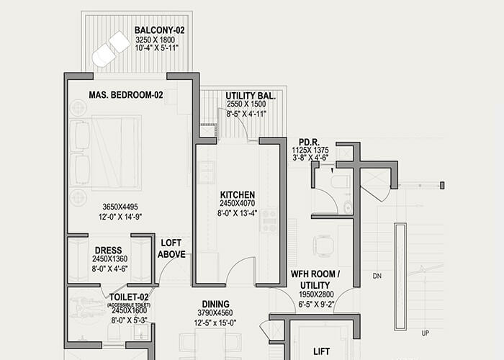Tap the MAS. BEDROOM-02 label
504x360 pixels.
tap(127, 95)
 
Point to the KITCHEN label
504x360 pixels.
tap(238, 194)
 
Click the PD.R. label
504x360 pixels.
tap(310, 141)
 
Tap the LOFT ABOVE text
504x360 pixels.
tap(171, 248)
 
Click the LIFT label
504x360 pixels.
tap(321, 352)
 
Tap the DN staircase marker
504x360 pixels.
tap(377, 276)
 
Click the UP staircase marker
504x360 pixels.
tap(425, 333)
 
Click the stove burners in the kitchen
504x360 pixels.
tap(269, 220)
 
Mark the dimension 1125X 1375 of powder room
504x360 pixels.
tap(310, 150)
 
